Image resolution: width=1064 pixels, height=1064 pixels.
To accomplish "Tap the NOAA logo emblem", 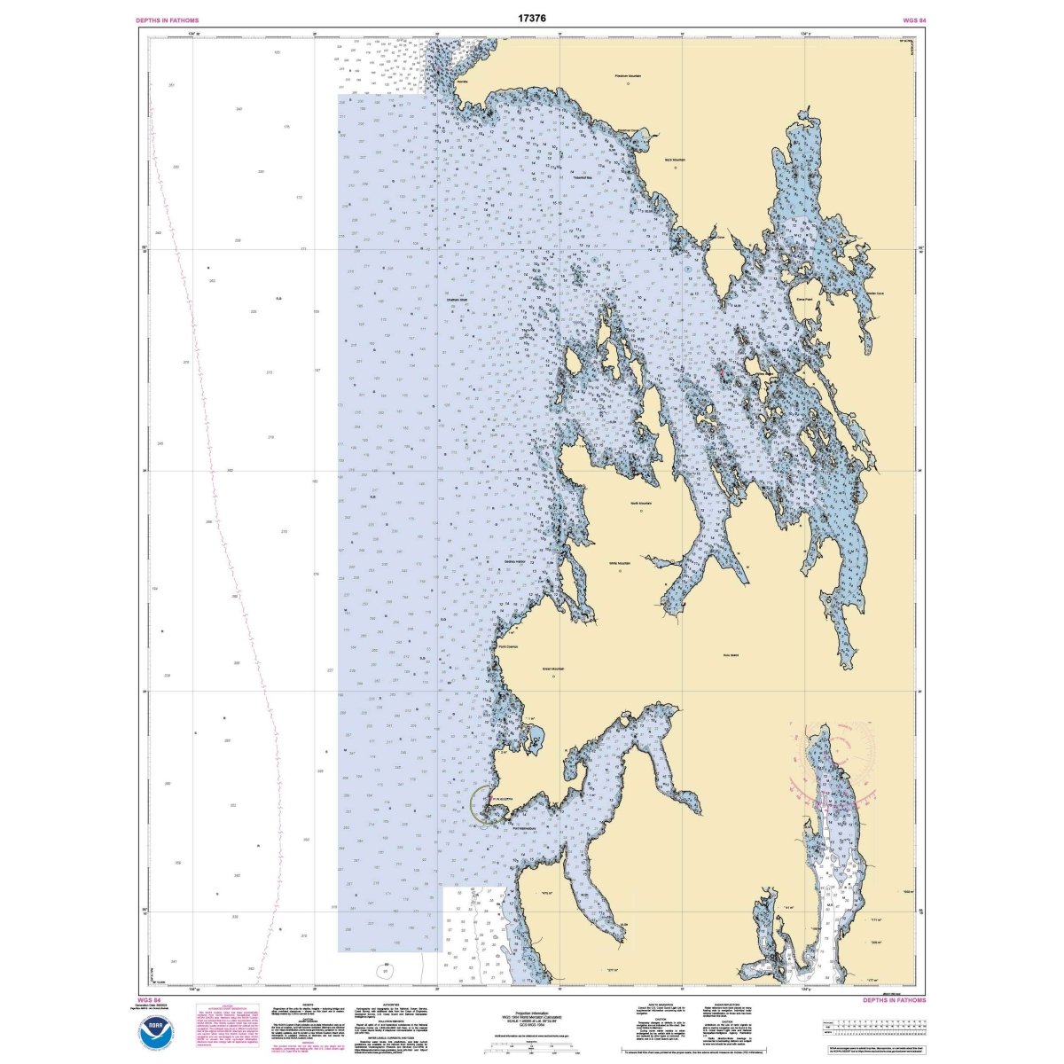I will pyautogui.click(x=157, y=1032).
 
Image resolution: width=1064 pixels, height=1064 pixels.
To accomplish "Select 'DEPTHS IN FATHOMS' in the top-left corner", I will pyautogui.click(x=167, y=20).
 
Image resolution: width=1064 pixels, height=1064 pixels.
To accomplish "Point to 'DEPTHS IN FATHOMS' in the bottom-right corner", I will pyautogui.click(x=894, y=999).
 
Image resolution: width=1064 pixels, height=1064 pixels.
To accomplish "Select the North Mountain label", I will pyautogui.click(x=640, y=503).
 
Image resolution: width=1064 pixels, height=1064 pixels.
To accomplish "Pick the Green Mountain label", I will pyautogui.click(x=553, y=669).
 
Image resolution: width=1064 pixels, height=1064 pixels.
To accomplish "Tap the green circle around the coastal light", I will pyautogui.click(x=484, y=804).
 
